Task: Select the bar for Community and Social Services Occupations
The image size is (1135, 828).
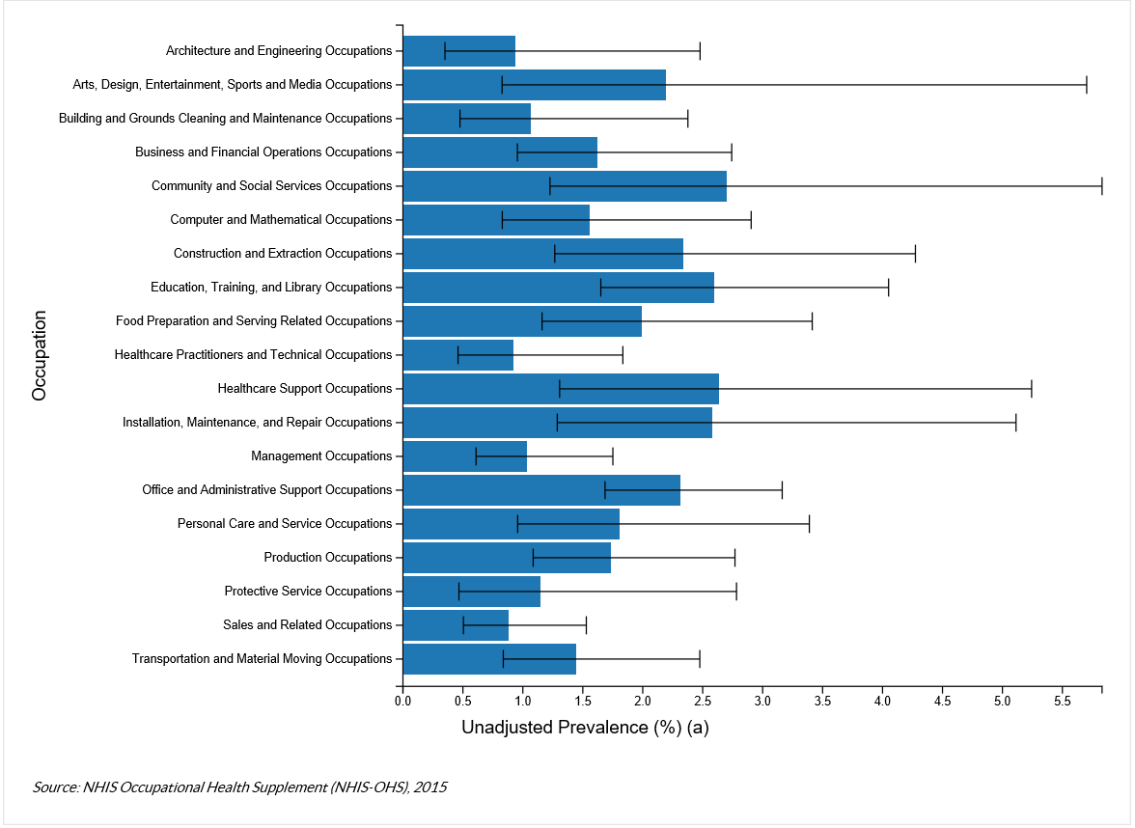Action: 564,186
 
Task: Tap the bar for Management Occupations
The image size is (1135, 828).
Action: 464,456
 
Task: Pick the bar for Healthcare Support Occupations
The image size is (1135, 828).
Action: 560,389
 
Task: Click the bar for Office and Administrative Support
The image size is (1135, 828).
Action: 540,490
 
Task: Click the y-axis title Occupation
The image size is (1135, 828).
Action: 40,355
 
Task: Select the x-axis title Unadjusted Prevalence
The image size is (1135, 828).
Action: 585,728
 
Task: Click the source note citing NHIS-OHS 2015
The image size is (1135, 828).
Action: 239,787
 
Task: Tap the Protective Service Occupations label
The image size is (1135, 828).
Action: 308,592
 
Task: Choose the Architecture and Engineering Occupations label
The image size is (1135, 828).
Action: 279,51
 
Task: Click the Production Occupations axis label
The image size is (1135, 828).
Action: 328,558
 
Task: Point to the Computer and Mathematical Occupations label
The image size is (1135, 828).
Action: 281,220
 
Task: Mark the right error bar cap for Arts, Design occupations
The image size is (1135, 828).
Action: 1087,85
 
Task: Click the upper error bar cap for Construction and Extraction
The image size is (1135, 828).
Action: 915,254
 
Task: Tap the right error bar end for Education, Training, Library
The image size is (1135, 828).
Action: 888,288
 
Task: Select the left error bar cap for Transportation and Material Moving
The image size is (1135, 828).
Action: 503,659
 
